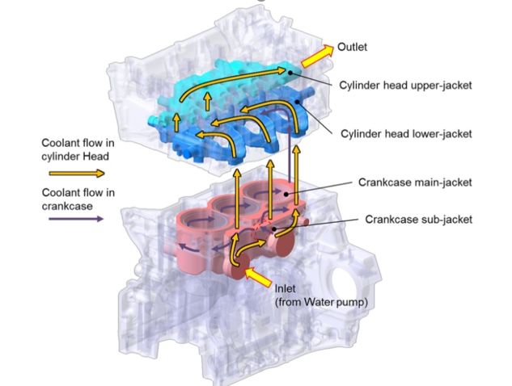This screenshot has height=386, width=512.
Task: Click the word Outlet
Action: point(352,47)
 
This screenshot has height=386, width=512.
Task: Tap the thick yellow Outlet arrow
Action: point(317,56)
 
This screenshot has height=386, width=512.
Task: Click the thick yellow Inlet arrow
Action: point(257,277)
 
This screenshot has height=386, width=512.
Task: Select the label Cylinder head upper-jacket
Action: point(405,86)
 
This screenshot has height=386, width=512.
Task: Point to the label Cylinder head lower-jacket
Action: point(406,134)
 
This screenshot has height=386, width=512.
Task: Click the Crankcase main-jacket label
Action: point(415,182)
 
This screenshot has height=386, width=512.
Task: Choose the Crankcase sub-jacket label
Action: point(419,219)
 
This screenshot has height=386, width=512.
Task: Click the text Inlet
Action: point(285,288)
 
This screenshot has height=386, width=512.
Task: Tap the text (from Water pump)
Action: point(321,303)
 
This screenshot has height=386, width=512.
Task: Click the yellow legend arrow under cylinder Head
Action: point(77,174)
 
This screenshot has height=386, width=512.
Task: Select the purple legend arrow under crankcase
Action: point(76,219)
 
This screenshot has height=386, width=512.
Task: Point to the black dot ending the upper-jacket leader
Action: point(290,73)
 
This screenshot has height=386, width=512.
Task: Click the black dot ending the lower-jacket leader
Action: point(297,102)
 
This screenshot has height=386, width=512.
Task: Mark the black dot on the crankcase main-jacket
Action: point(286,195)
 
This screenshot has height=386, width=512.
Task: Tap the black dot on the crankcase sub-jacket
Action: point(275,229)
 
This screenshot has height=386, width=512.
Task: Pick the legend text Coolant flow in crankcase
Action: point(78,199)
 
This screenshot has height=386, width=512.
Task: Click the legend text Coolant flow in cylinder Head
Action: point(78,149)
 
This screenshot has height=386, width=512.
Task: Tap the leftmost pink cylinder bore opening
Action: point(197,218)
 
